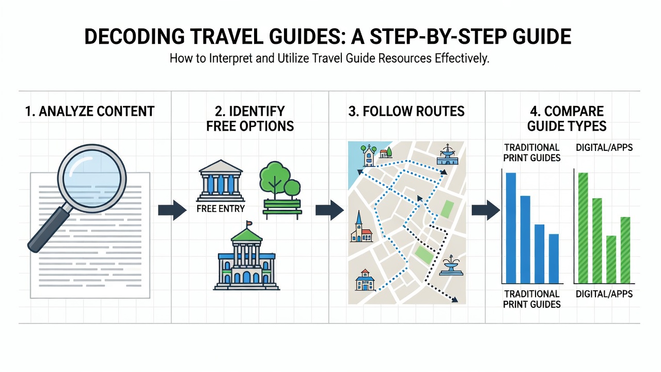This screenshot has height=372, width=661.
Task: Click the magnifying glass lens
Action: (x=92, y=179)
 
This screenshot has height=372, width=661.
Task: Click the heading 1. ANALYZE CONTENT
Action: (x=90, y=112)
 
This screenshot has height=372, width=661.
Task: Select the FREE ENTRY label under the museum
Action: (x=221, y=209)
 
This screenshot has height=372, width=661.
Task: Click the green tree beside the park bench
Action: (x=279, y=180)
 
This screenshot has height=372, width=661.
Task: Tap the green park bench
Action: (x=282, y=209)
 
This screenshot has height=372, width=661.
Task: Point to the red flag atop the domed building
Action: (x=249, y=223)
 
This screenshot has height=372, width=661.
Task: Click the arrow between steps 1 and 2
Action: (x=172, y=210)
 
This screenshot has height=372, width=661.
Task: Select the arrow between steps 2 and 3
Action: (x=329, y=210)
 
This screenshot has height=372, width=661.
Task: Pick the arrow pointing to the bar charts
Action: (x=486, y=210)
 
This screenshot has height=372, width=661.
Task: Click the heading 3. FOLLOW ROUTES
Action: (x=406, y=112)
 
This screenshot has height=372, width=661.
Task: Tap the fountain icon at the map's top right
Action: (x=447, y=154)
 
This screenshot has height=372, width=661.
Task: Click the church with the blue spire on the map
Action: (x=361, y=227)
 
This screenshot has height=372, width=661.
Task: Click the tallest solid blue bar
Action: (x=511, y=228)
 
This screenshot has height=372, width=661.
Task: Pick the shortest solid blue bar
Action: (x=554, y=259)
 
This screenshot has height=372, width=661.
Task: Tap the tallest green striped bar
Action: (x=583, y=228)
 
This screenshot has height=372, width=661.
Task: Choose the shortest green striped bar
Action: (x=611, y=260)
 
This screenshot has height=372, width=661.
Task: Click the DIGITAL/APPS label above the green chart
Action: (x=604, y=148)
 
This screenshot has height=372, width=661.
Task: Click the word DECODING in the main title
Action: (x=135, y=37)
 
